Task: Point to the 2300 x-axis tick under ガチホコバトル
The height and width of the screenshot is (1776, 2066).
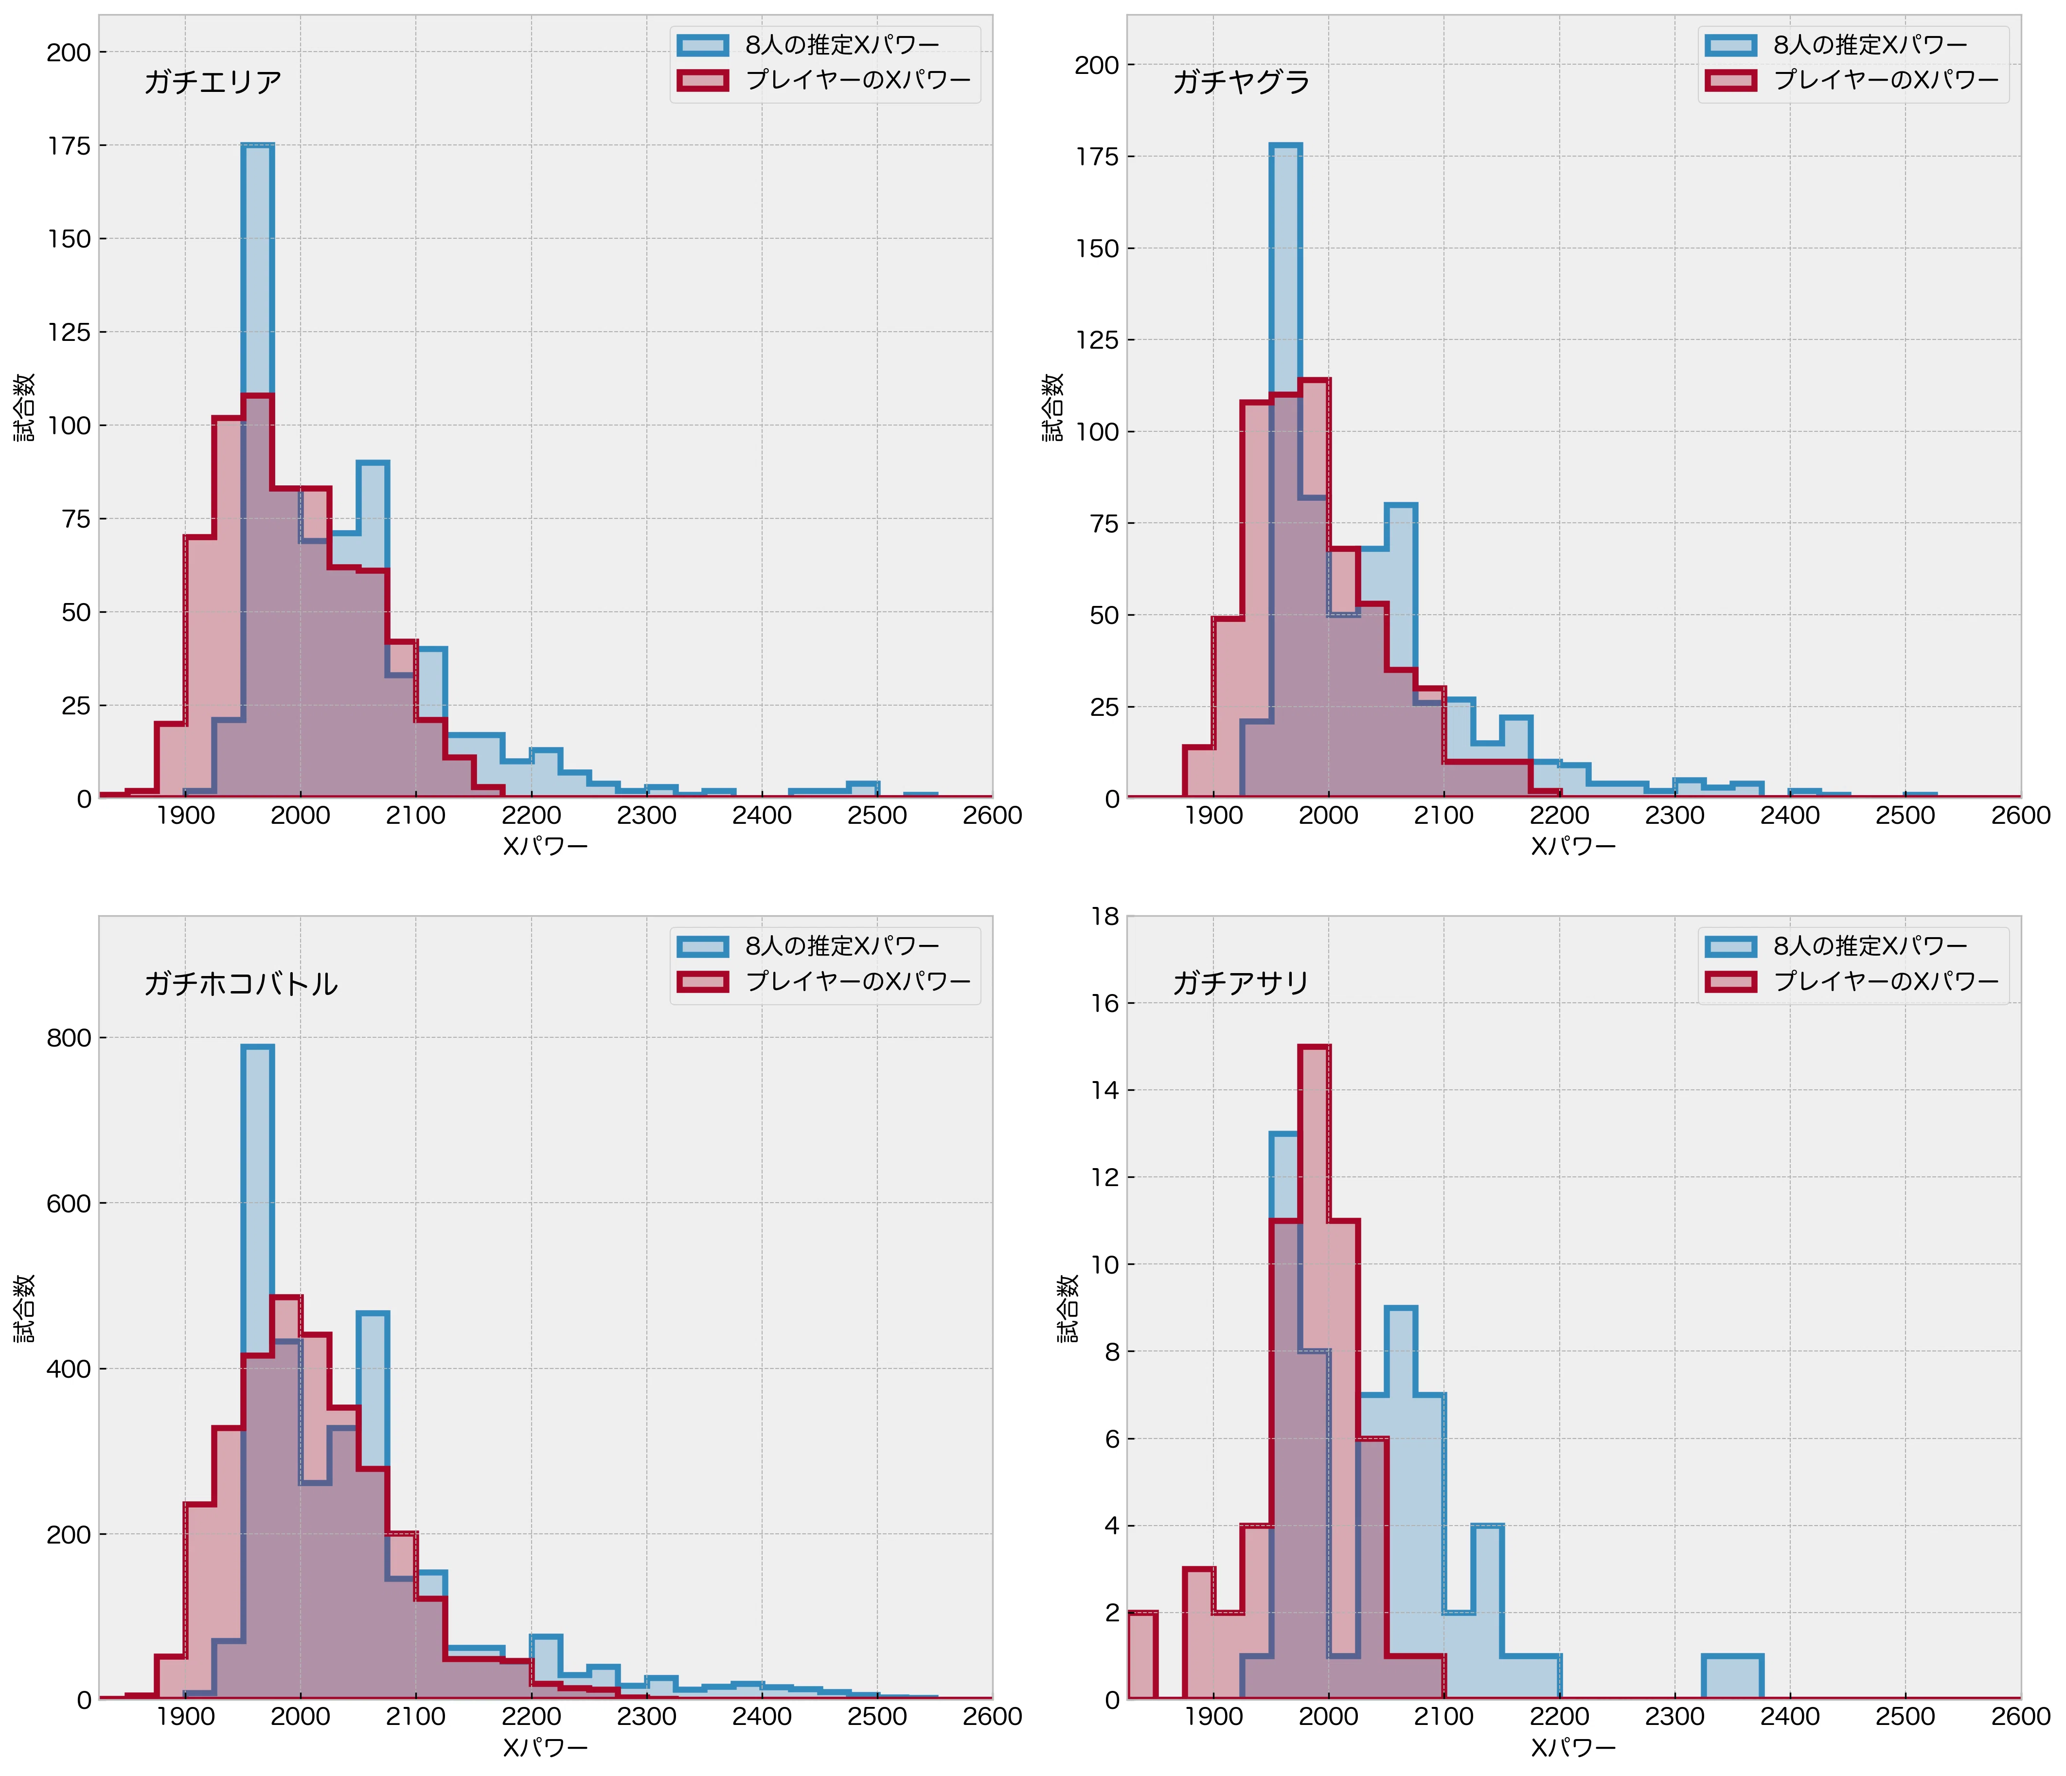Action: [646, 1716]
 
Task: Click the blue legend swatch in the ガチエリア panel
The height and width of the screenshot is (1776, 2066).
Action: [703, 45]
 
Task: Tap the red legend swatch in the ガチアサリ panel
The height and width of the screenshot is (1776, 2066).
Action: [1731, 981]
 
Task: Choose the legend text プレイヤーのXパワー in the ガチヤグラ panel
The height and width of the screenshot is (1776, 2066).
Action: [1887, 80]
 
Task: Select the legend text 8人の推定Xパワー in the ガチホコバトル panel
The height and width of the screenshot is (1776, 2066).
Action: [842, 945]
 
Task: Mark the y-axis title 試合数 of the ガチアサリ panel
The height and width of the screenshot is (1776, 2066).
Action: [1068, 1307]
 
